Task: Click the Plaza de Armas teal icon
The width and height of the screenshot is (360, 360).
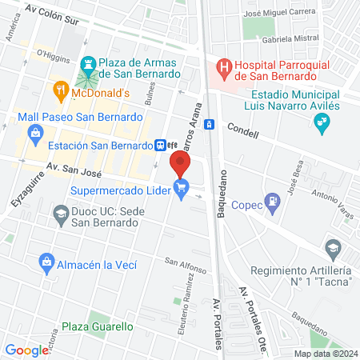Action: pyautogui.click(x=86, y=62)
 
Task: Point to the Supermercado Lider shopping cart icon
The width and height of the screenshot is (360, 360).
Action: pyautogui.click(x=182, y=190)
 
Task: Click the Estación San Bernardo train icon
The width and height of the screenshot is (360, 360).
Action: pyautogui.click(x=161, y=145)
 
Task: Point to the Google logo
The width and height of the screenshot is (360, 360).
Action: pyautogui.click(x=27, y=350)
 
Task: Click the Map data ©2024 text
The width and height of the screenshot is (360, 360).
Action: pyautogui.click(x=325, y=353)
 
